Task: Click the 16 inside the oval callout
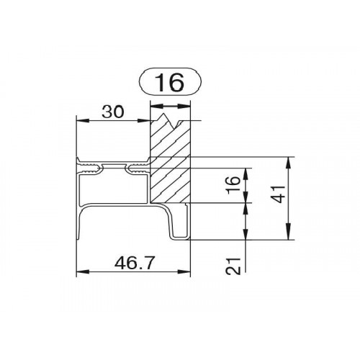pyautogui.click(x=170, y=82)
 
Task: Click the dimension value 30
pyautogui.click(x=113, y=112)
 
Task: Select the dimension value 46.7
pyautogui.click(x=133, y=263)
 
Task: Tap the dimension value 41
pyautogui.click(x=279, y=194)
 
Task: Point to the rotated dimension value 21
pyautogui.click(x=233, y=266)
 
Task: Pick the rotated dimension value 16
pyautogui.click(x=233, y=184)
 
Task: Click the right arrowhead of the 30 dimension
pyautogui.click(x=143, y=120)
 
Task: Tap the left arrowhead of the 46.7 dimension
pyautogui.click(x=83, y=271)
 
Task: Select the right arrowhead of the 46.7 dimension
pyautogui.click(x=184, y=271)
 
